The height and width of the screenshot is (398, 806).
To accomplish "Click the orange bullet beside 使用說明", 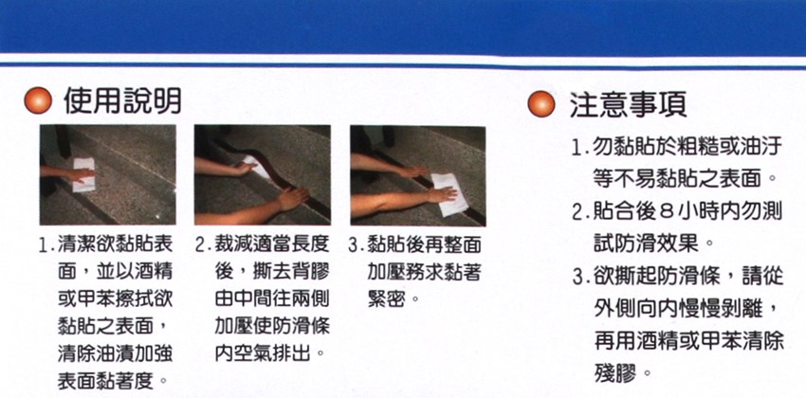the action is (x=38, y=101).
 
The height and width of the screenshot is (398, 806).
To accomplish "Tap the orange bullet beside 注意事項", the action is (x=541, y=105).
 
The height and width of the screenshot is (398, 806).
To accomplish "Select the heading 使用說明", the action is (x=123, y=101).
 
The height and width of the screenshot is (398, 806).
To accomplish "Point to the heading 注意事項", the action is (x=628, y=105).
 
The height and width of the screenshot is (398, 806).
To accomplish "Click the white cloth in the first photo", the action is (x=83, y=174).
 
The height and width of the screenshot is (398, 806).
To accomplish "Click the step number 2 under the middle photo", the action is (x=201, y=245).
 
